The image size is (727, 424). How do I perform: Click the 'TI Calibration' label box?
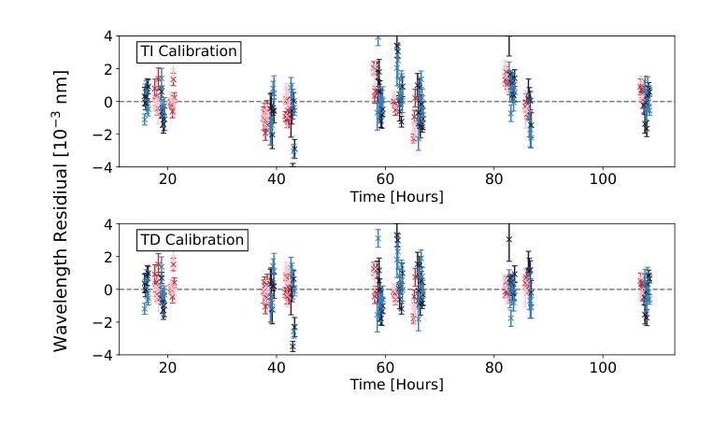click(x=189, y=51)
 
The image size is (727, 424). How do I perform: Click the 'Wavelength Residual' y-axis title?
click(x=62, y=210)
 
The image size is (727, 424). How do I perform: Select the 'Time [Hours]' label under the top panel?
click(x=396, y=197)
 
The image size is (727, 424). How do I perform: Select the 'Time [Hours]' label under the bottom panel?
click(x=396, y=385)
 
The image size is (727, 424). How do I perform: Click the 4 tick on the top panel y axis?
click(x=108, y=36)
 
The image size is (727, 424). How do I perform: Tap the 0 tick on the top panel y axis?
click(x=108, y=102)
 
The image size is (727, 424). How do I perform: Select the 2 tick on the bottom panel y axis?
click(x=108, y=257)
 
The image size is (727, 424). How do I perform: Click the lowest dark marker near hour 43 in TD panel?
click(x=292, y=346)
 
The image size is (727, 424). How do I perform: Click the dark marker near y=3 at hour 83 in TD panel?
click(x=509, y=239)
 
